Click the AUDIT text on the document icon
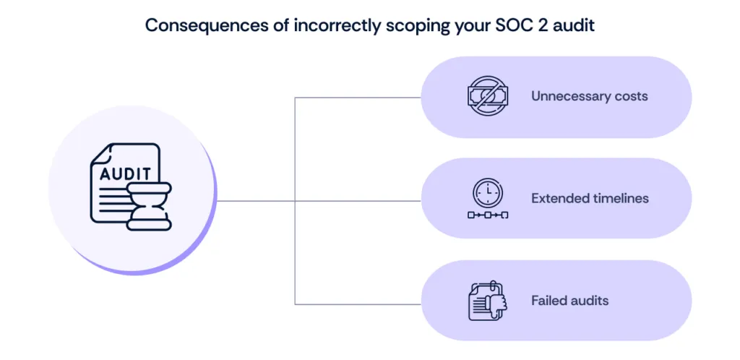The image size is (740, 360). point(125,174)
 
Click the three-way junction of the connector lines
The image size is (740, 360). point(296,200)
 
